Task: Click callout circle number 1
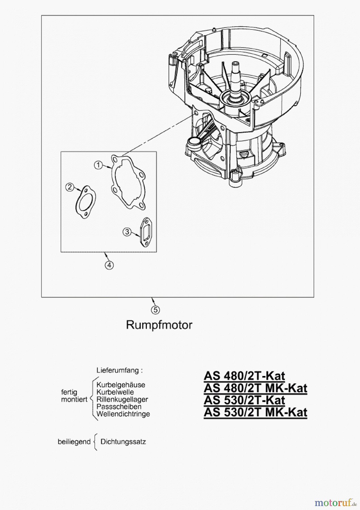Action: click(98, 165)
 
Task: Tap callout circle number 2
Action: click(70, 187)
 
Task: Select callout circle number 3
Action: click(127, 232)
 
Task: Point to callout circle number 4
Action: click(109, 265)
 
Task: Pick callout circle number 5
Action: click(155, 310)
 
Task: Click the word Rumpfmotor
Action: click(159, 325)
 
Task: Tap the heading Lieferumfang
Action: click(118, 370)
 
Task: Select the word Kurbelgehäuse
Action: click(121, 385)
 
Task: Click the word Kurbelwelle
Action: click(115, 392)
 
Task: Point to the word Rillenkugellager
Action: click(122, 399)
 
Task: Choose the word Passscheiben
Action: click(119, 407)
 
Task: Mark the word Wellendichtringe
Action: click(123, 414)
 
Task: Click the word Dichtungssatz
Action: click(123, 441)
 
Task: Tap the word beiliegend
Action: click(74, 442)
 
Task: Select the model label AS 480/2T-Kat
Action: click(244, 376)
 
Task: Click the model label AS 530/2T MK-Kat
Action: click(255, 412)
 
